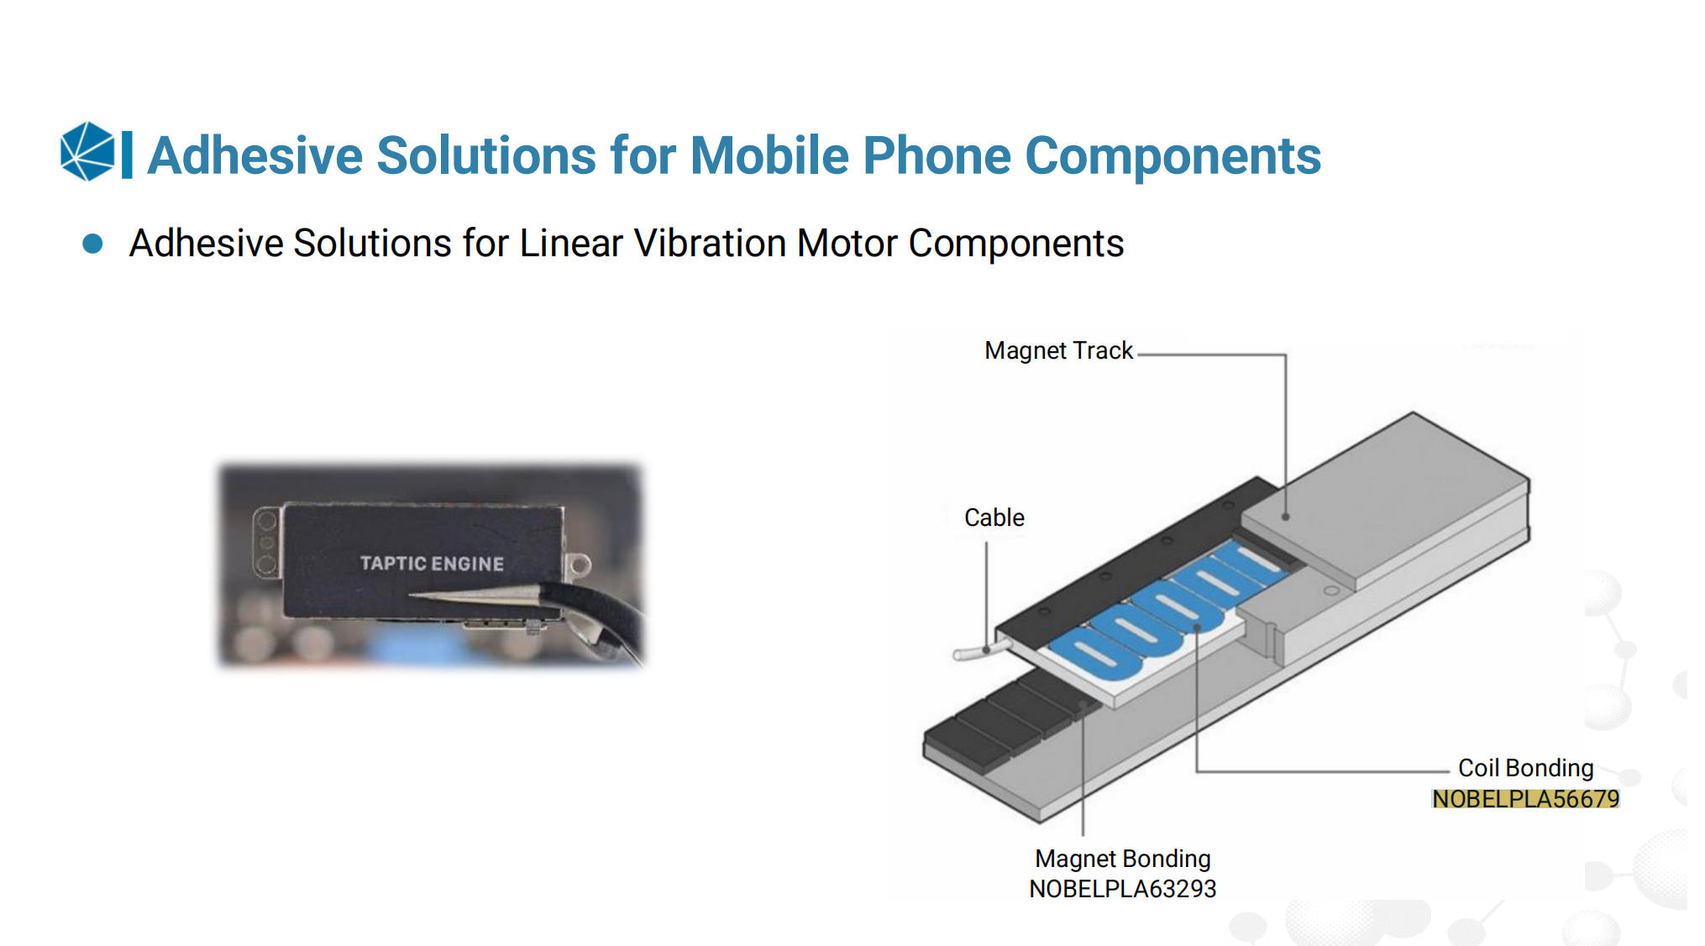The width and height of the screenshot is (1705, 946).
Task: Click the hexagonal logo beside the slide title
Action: point(87,152)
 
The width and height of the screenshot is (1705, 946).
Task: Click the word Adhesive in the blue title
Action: point(254,156)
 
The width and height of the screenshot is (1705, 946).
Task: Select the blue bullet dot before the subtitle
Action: point(92,244)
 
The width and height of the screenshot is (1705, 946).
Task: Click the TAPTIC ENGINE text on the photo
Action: point(432,564)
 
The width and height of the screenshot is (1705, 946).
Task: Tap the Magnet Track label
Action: point(1058,350)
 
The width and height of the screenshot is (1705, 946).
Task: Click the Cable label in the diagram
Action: point(994,518)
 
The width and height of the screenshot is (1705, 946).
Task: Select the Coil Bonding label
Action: point(1525,768)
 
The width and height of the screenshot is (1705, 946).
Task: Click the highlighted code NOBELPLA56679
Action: point(1525,799)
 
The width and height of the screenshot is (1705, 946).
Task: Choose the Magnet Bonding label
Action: point(1123,859)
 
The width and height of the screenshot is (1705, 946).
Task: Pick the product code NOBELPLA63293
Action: point(1123,889)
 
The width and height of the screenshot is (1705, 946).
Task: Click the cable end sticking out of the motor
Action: point(962,654)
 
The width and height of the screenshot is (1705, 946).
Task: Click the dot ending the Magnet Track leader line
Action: point(1285,517)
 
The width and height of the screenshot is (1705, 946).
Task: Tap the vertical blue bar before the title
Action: point(127,155)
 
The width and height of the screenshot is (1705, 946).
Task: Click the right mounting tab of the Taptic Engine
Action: point(578,565)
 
